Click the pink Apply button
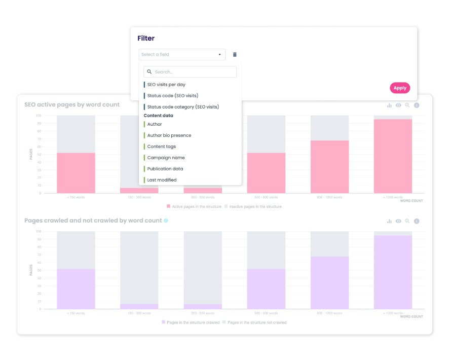pyautogui.click(x=400, y=88)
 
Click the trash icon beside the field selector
pyautogui.click(x=235, y=54)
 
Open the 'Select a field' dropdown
pyautogui.click(x=182, y=54)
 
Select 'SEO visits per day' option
pyautogui.click(x=166, y=85)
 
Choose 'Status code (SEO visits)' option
pyautogui.click(x=172, y=96)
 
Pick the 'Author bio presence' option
pyautogui.click(x=169, y=135)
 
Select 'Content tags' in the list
pyautogui.click(x=161, y=147)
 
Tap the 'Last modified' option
pyautogui.click(x=162, y=180)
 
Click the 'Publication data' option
pyautogui.click(x=165, y=169)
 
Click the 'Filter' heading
pyautogui.click(x=146, y=38)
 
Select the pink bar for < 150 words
pyautogui.click(x=76, y=173)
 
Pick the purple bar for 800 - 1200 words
pyautogui.click(x=329, y=282)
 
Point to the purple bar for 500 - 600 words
pyautogui.click(x=266, y=289)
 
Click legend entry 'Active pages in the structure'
pyautogui.click(x=196, y=206)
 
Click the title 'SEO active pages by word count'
pyautogui.click(x=72, y=104)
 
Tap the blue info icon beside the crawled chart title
pyautogui.click(x=166, y=221)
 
